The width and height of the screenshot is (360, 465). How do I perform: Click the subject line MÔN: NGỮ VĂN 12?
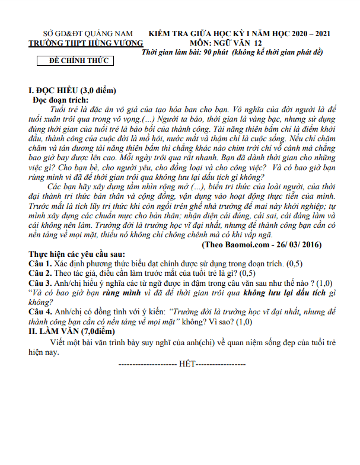pos(225,43)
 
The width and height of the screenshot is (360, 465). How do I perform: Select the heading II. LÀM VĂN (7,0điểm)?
pos(75,332)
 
